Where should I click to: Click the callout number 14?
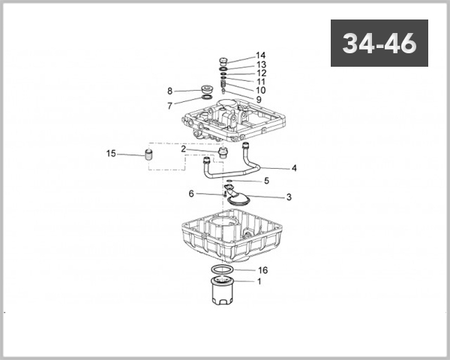pyautogui.click(x=260, y=55)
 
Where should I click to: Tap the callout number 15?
pyautogui.click(x=111, y=154)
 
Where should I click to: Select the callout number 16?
pyautogui.click(x=263, y=270)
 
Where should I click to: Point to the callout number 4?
pyautogui.click(x=294, y=168)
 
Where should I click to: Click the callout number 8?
pyautogui.click(x=170, y=91)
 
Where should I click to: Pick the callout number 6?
pyautogui.click(x=191, y=193)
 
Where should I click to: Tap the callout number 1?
pyautogui.click(x=259, y=282)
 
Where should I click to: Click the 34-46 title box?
pyautogui.click(x=379, y=43)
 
